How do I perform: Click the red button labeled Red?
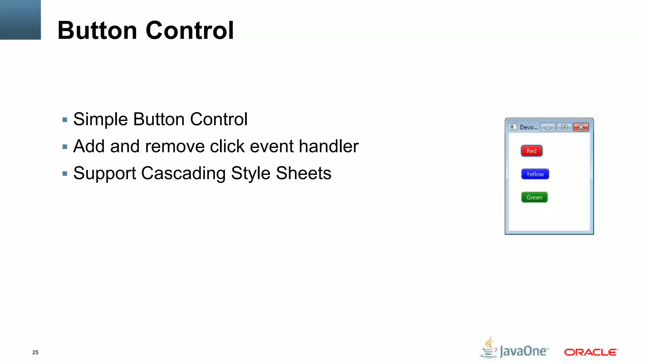pyautogui.click(x=531, y=151)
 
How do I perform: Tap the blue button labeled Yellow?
pyautogui.click(x=535, y=174)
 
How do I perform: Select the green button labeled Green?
pyautogui.click(x=534, y=197)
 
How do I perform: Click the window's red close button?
pyautogui.click(x=581, y=127)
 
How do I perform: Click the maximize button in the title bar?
pyautogui.click(x=564, y=127)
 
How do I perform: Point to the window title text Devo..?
pyautogui.click(x=529, y=127)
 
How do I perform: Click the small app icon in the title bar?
pyautogui.click(x=513, y=127)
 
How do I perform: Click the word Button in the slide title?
pyautogui.click(x=97, y=30)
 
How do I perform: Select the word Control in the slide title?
pyautogui.click(x=190, y=30)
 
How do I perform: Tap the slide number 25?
pyautogui.click(x=35, y=352)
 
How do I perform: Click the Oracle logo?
pyautogui.click(x=591, y=352)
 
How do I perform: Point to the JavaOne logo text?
pyautogui.click(x=524, y=351)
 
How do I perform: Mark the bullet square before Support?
pyautogui.click(x=65, y=173)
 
